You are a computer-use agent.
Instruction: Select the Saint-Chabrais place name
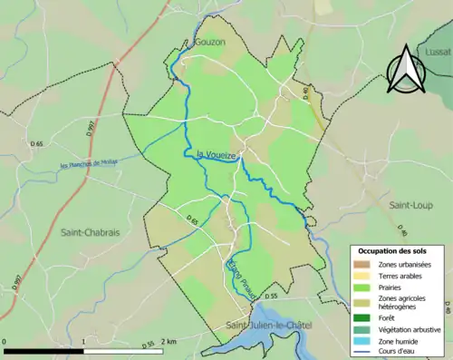[90, 233]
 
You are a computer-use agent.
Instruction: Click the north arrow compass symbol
[404, 73]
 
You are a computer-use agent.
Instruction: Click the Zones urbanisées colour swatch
[364, 264]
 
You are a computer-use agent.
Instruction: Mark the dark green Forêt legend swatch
[364, 316]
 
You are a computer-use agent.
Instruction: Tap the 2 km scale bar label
[168, 342]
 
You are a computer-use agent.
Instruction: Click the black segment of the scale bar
[44, 350]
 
